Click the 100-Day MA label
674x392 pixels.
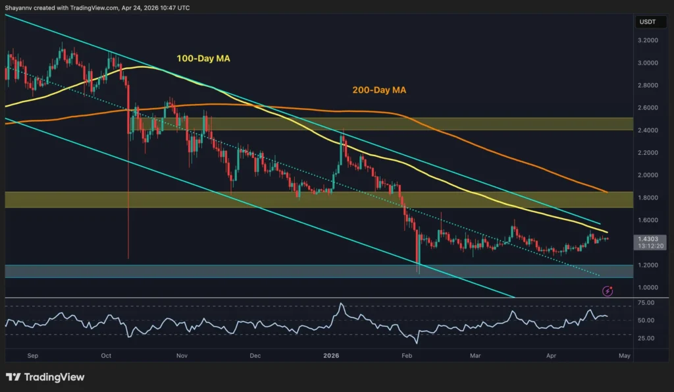203,59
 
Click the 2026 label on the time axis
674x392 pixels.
331,355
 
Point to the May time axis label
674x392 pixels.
625,355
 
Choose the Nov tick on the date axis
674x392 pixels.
182,355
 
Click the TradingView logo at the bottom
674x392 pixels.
45,378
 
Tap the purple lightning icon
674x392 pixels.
609,291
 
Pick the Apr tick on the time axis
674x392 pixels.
552,355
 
